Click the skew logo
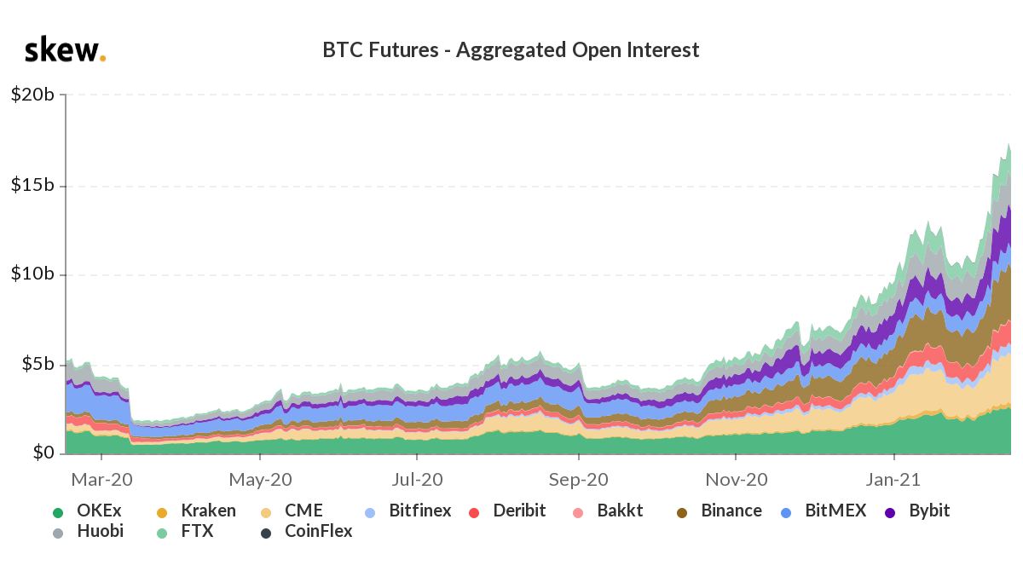65,50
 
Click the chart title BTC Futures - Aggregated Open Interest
511,50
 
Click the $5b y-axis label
38,364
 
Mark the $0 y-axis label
43,453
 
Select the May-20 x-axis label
261,480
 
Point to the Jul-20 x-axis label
419,480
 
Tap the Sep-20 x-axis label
578,480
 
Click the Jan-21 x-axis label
894,480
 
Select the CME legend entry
292,511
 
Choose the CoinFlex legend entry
307,532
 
